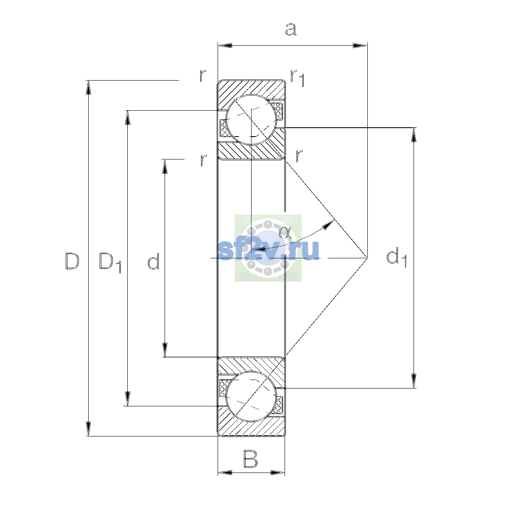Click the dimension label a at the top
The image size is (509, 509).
(x=291, y=29)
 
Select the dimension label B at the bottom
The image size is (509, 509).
(x=250, y=459)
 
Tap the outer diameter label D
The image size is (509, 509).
(x=72, y=261)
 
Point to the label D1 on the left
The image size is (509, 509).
(x=110, y=263)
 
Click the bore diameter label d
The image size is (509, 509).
(x=154, y=261)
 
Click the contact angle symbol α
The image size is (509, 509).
(x=285, y=232)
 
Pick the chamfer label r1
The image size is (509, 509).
(x=298, y=78)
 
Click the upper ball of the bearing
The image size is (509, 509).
(x=251, y=120)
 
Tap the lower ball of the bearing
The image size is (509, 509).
(x=251, y=396)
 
